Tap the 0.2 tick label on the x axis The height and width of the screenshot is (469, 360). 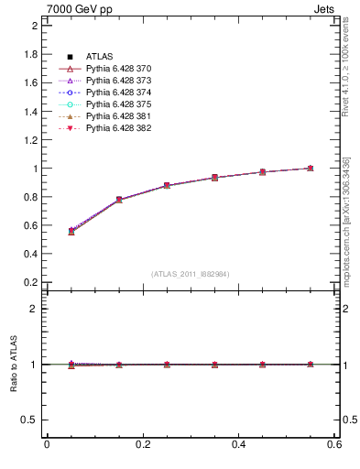coord(142,444)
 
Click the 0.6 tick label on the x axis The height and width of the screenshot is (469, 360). coord(334,444)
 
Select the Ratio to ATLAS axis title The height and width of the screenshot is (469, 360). coord(14,365)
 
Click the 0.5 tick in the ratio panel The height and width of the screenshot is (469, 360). coord(30,420)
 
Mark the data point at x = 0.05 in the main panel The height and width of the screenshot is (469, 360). coord(71,231)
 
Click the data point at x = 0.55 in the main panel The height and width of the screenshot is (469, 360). coord(311,169)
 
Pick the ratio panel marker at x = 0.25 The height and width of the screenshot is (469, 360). coord(167,365)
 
